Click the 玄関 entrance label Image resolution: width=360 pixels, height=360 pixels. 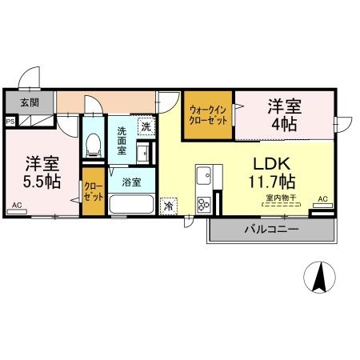tap(30, 102)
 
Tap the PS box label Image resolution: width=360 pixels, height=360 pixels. tap(10, 122)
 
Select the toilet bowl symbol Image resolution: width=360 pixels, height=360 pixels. tap(94, 145)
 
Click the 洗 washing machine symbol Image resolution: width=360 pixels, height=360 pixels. tap(146, 126)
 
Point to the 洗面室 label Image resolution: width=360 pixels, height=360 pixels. tap(122, 141)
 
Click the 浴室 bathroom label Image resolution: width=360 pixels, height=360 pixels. tap(131, 182)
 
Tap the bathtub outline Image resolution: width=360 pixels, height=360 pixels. tap(131, 204)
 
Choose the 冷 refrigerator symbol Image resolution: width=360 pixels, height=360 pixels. tap(168, 206)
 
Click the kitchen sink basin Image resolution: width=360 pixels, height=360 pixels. tap(204, 175)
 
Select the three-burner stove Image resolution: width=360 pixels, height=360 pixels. tap(204, 205)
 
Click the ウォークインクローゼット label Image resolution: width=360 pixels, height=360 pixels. tap(208, 115)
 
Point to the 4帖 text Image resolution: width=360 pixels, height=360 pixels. tap(284, 124)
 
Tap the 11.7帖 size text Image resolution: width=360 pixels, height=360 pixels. tap(272, 182)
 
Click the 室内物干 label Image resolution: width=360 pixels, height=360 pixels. tap(281, 198)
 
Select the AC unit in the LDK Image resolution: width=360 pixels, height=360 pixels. tap(322, 206)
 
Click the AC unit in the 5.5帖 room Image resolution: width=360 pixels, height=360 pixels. tap(17, 212)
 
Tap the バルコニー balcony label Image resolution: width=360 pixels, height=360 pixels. tap(271, 230)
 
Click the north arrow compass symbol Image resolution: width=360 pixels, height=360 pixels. tap(320, 277)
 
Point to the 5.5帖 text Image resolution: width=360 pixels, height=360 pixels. tap(42, 182)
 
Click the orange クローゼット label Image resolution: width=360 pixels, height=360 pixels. tap(94, 192)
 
